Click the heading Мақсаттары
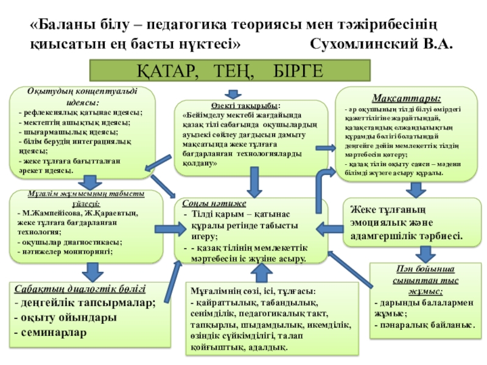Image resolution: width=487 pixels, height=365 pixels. tap(407, 97)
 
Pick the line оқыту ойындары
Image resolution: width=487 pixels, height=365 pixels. tap(65, 317)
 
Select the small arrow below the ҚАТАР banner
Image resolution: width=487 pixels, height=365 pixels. tap(233, 94)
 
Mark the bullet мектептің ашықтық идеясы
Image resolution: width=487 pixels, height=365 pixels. tap(70, 122)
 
